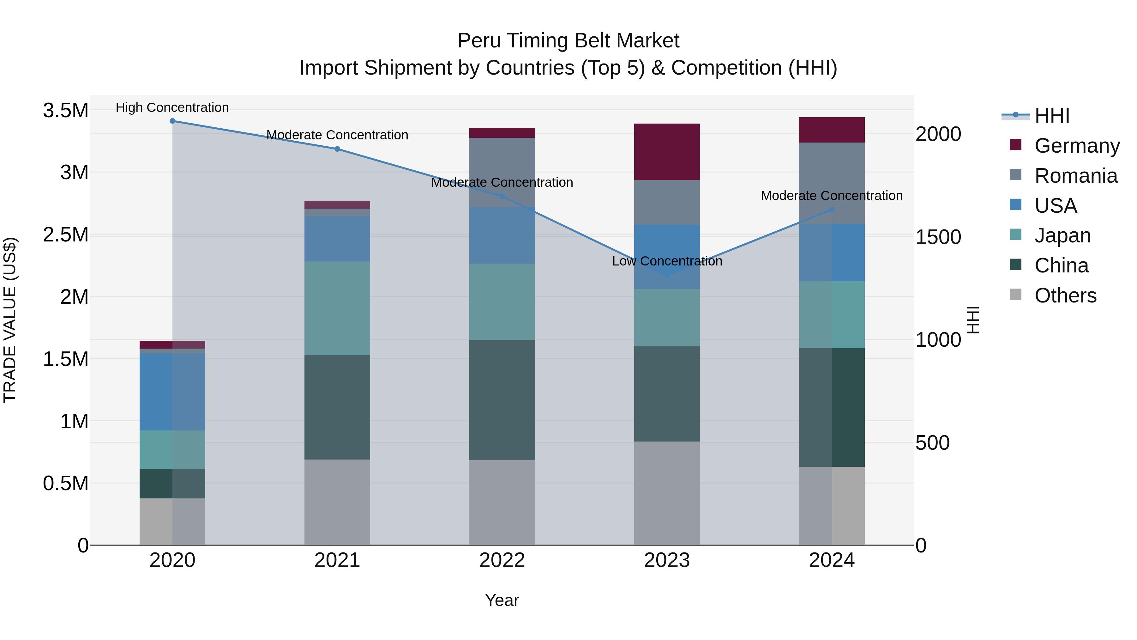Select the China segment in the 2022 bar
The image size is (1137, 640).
click(x=502, y=400)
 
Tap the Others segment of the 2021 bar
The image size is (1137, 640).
click(x=337, y=502)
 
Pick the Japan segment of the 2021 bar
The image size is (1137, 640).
click(x=337, y=308)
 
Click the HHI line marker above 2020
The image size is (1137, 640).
click(x=172, y=121)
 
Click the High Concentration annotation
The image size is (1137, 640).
click(x=172, y=107)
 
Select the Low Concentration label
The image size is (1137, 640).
click(x=667, y=261)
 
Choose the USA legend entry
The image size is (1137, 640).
click(x=1055, y=205)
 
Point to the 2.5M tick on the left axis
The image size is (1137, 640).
click(x=65, y=235)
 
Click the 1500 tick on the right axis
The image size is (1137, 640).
click(x=938, y=237)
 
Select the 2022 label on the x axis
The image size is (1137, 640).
click(x=502, y=560)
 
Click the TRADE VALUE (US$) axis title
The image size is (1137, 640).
click(x=10, y=320)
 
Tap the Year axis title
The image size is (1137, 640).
click(x=502, y=600)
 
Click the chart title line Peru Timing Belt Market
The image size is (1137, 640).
click(x=568, y=41)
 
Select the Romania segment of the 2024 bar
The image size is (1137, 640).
click(x=832, y=183)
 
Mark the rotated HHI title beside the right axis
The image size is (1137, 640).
click(x=973, y=320)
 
